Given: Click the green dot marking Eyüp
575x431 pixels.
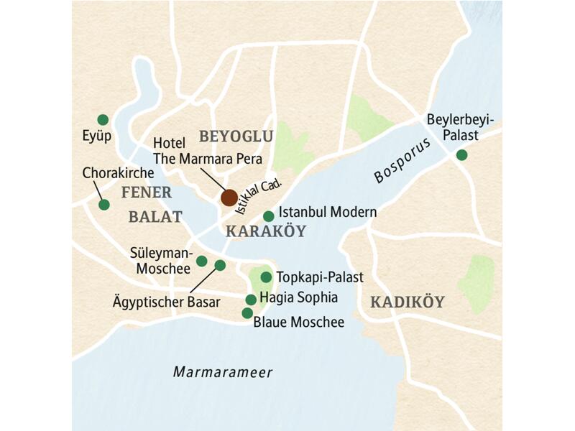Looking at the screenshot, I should point(103,119).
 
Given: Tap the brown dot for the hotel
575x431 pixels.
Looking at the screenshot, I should point(229,197).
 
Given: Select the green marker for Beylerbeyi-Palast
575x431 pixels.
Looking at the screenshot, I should point(461,154).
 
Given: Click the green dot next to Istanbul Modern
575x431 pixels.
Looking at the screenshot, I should point(268,215).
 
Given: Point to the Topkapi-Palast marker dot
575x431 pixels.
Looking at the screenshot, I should point(266,277).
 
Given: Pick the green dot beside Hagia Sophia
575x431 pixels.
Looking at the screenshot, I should point(251,300).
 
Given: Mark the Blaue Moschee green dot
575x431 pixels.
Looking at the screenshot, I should point(247,313).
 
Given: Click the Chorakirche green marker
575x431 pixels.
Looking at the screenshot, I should point(104,205).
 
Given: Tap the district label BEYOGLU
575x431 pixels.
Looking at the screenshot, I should point(236,136).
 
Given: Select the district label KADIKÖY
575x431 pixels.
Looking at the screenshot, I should point(407,302).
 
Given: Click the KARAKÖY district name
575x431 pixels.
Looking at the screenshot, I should point(266,231).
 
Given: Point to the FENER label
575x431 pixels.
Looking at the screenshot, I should point(147,192).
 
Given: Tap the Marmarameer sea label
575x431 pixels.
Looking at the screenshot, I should point(223,371).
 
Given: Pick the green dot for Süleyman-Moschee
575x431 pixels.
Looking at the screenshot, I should point(202,261).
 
